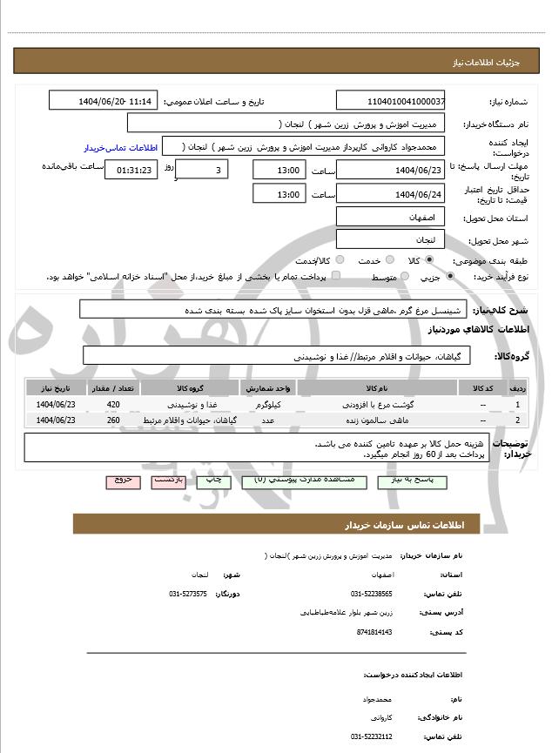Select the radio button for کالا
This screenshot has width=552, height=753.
429,260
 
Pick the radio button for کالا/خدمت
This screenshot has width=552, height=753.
340,260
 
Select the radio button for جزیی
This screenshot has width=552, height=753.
449,277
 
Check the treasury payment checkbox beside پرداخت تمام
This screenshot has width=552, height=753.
336,276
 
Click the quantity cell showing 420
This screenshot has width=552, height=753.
113,405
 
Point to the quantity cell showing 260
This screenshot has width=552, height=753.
113,420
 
